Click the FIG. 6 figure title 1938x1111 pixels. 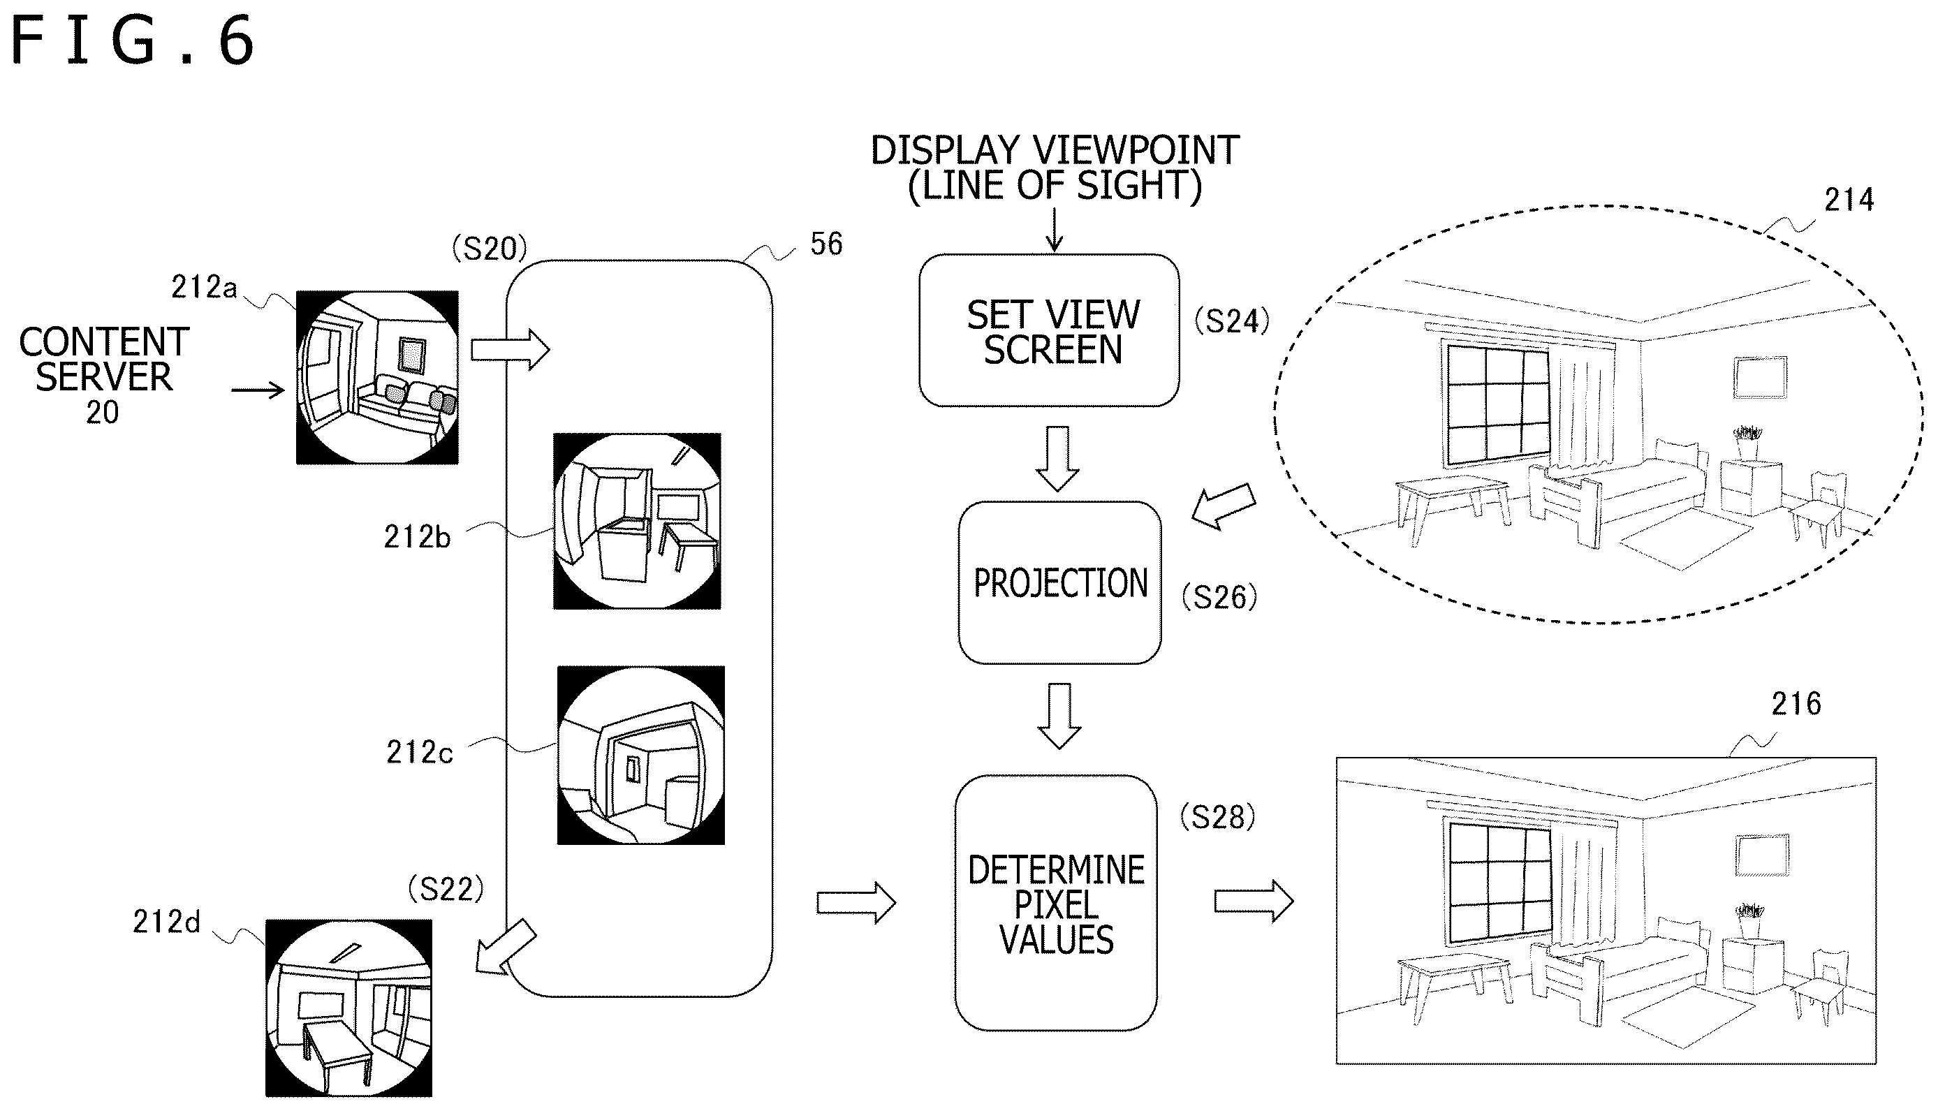coord(132,41)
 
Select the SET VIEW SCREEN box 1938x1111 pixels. coord(1049,330)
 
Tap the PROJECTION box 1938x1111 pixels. coord(1060,583)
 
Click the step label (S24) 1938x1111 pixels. coord(1231,321)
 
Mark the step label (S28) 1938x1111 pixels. coord(1217,817)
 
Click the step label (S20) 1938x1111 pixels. coord(489,249)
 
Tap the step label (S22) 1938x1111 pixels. coord(446,889)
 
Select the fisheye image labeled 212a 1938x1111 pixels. coord(377,377)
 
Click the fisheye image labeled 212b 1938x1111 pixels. coord(637,521)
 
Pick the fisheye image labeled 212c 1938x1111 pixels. coord(641,756)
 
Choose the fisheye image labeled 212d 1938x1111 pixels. coord(348,1008)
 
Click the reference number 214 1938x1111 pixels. coord(1849,200)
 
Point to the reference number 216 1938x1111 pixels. coord(1796,703)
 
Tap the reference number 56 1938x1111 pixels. coord(826,244)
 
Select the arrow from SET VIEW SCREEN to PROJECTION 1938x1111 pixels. coord(1057,459)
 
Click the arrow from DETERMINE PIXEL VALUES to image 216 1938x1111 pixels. coord(1254,902)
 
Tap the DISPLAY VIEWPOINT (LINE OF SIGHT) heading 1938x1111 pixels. coord(1055,168)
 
